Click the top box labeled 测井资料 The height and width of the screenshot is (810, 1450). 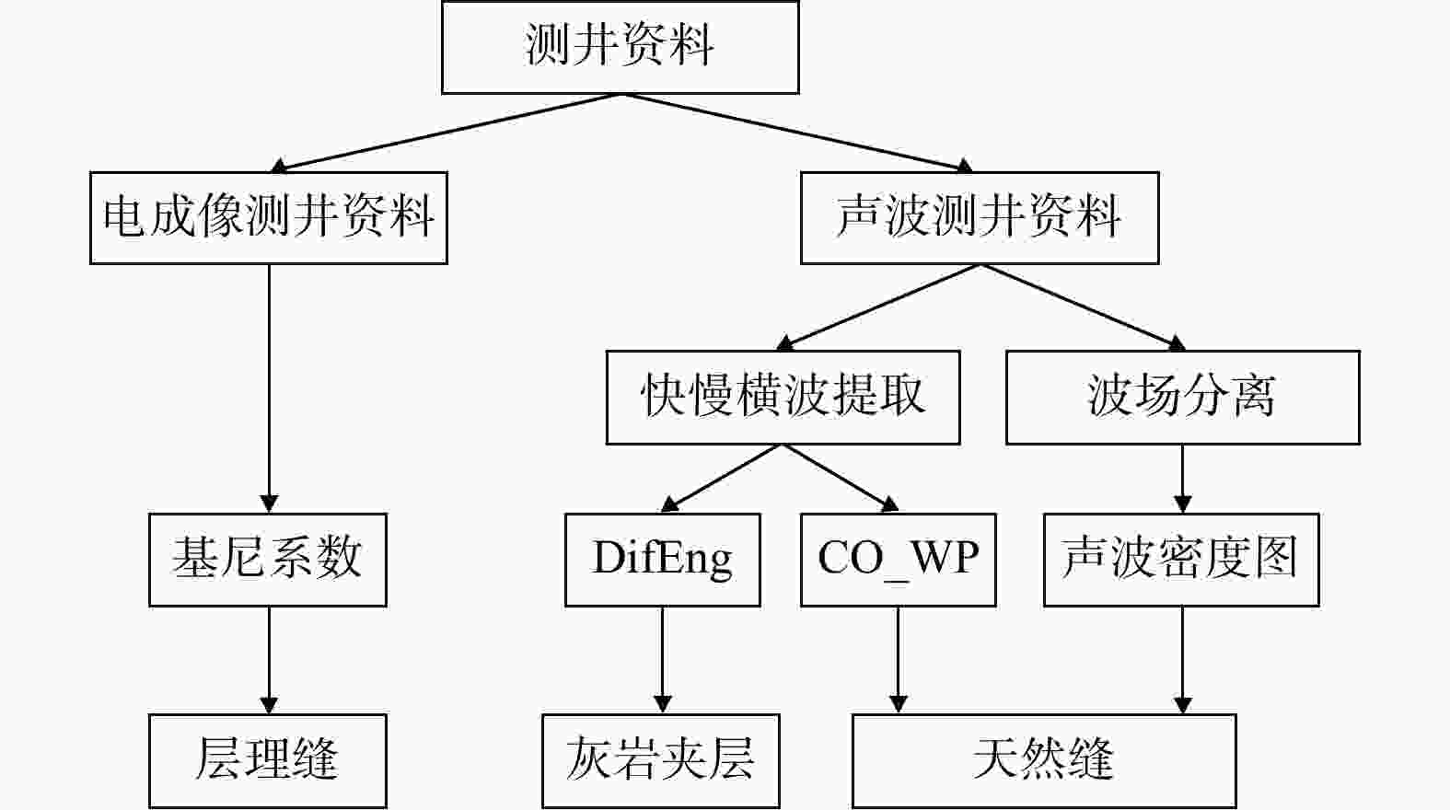pos(621,47)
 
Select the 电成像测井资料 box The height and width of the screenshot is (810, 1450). pos(269,217)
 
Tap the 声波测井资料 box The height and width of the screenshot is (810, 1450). pos(980,217)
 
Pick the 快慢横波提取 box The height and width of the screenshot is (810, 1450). pos(783,398)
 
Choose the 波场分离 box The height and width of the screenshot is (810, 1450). pos(1183,398)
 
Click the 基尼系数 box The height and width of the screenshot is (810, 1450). pos(268,560)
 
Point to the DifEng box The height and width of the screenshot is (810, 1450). pos(662,560)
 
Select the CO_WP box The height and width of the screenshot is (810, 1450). pos(898,560)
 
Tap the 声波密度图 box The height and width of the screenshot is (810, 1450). pos(1181,560)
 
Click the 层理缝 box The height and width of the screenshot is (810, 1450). pos(268,761)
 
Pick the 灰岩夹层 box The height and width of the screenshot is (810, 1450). pos(661,761)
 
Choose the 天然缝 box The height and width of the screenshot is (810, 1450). pos(1044,761)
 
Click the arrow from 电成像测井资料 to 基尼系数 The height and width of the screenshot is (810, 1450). pos(269,388)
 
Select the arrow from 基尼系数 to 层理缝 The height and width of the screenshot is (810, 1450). pos(269,660)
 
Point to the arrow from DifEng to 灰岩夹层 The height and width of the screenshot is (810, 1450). pos(662,660)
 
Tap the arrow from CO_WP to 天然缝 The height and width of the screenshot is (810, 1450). pos(898,660)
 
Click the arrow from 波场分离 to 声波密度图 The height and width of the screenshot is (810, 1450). pos(1183,479)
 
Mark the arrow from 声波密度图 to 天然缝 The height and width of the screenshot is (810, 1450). pos(1183,660)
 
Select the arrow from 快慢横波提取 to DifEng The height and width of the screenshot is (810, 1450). pos(721,478)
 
